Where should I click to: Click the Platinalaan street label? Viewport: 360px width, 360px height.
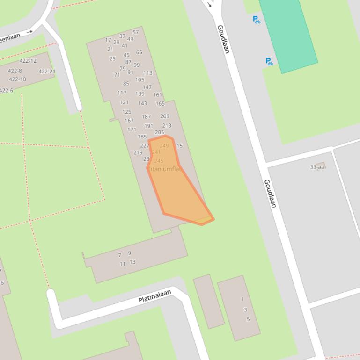[155, 296]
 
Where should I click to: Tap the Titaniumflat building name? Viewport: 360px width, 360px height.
[164, 169]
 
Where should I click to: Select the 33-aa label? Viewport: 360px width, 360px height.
[317, 167]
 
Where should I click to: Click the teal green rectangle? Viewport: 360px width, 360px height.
[288, 35]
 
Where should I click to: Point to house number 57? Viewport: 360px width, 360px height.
[136, 32]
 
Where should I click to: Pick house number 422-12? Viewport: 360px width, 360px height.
[28, 61]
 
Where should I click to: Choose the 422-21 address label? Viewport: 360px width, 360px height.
[47, 72]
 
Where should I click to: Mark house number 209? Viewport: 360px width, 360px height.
[165, 116]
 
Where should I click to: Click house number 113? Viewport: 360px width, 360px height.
[148, 73]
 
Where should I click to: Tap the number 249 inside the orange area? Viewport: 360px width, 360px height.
[164, 146]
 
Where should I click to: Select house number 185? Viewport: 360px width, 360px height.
[142, 137]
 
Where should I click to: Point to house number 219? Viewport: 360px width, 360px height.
[138, 152]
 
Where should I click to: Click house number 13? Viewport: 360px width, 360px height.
[132, 262]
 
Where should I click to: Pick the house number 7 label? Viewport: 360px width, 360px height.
[119, 255]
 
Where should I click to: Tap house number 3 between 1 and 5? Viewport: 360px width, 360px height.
[245, 310]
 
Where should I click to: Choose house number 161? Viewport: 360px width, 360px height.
[158, 94]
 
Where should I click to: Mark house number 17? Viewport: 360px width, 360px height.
[108, 40]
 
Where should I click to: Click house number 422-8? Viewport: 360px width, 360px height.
[15, 71]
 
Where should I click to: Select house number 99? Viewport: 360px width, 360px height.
[137, 65]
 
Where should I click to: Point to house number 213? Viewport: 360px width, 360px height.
[167, 125]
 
